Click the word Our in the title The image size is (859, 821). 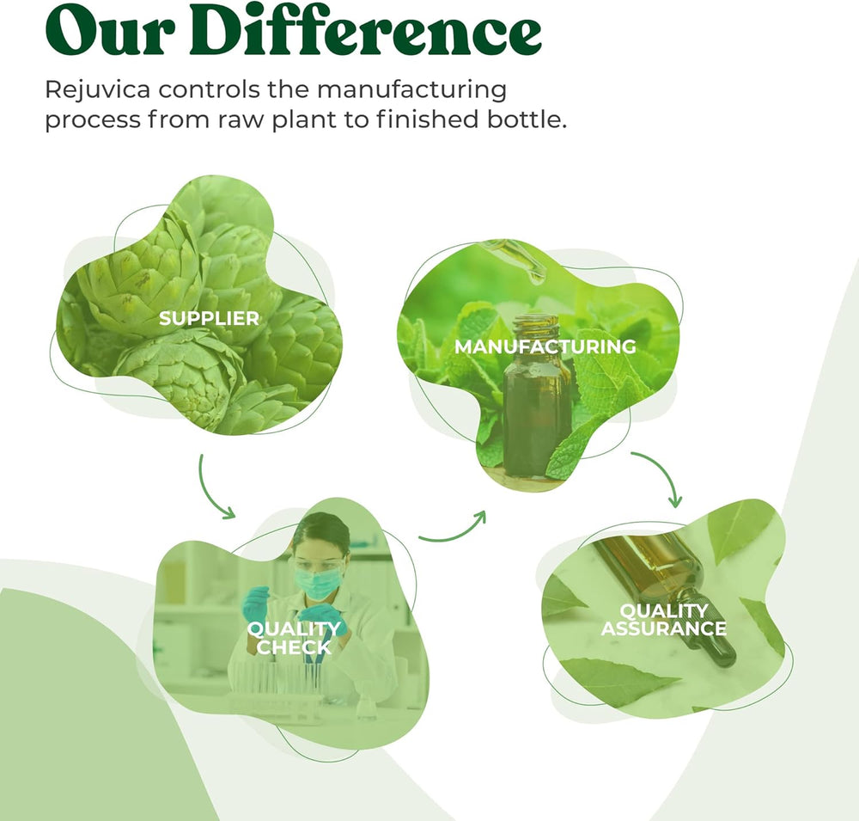pos(110,30)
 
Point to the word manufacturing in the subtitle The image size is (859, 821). pos(411,90)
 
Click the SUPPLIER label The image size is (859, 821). pos(209,318)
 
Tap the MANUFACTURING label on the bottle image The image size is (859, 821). pos(545,346)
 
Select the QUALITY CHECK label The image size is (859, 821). pos(294,638)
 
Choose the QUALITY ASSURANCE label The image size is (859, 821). pos(664,620)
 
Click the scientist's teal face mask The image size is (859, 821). pos(318,583)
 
